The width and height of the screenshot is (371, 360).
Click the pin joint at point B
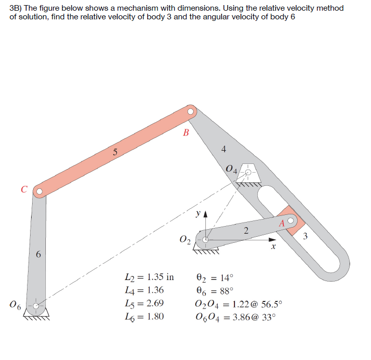[191, 111]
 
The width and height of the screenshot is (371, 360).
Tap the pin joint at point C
[39, 191]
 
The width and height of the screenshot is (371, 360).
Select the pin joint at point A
[290, 221]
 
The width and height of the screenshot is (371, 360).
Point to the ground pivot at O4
[249, 173]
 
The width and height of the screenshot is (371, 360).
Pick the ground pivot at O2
[205, 240]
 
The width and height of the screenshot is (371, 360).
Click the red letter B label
[185, 133]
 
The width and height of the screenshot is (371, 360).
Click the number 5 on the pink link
[115, 151]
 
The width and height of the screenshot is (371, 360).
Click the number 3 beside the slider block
[305, 236]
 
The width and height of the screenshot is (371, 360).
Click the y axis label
[197, 214]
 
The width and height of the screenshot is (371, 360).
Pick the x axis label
[273, 246]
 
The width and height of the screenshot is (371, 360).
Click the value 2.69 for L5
[154, 304]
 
